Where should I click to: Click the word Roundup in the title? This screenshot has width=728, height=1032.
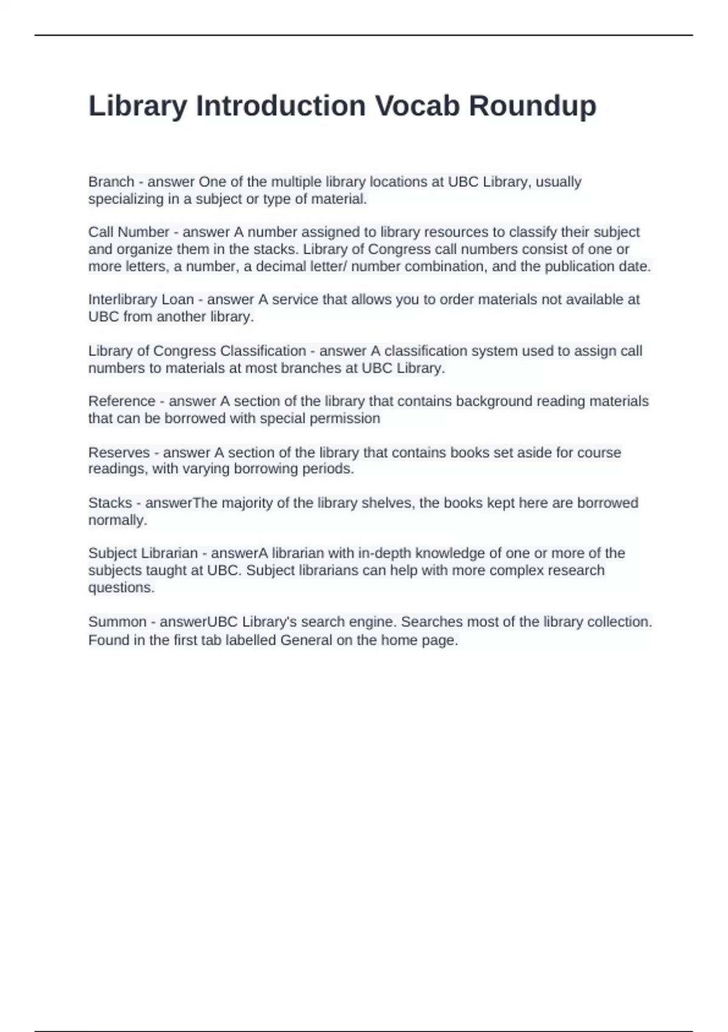(532, 106)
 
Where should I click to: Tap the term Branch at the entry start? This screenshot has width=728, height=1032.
(111, 182)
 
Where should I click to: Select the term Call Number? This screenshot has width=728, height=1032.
(129, 232)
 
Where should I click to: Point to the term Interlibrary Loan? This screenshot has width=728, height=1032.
(141, 299)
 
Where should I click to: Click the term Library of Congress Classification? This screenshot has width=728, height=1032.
(197, 351)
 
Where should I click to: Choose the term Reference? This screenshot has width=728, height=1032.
(121, 401)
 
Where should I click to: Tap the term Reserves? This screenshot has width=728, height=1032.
(119, 452)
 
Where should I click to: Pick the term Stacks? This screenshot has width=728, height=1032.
(110, 503)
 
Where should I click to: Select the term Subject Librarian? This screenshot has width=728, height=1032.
(143, 553)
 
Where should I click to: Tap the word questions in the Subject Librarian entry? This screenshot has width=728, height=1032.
(121, 588)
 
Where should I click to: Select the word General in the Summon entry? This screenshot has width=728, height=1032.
(306, 640)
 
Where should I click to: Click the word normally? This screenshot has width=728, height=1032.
(118, 520)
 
